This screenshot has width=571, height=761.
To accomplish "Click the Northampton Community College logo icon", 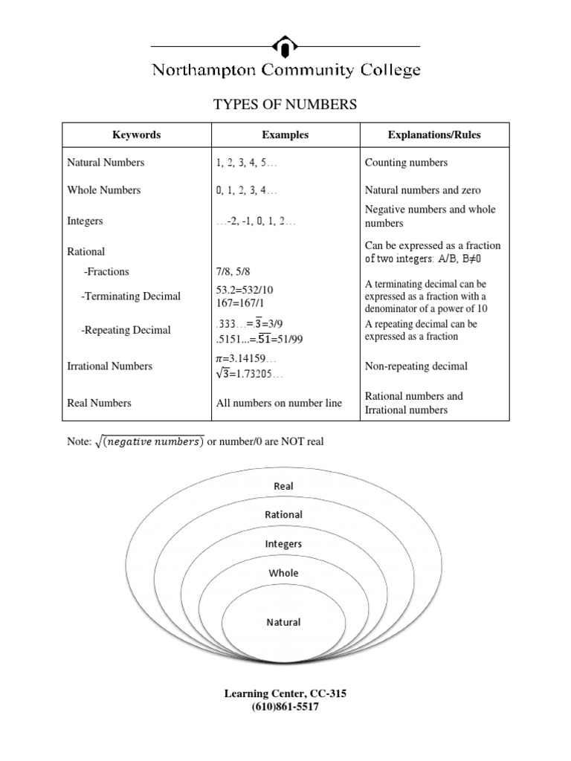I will pyautogui.click(x=285, y=46).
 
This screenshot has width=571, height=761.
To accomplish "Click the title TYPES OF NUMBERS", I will pyautogui.click(x=285, y=105).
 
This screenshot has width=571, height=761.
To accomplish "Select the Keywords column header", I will pyautogui.click(x=136, y=135).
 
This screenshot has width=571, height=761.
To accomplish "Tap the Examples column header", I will pyautogui.click(x=285, y=135).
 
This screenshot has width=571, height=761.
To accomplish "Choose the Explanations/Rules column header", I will pyautogui.click(x=434, y=135).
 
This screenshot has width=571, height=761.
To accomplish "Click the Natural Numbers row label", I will pyautogui.click(x=106, y=163).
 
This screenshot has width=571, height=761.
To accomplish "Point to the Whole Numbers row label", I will pyautogui.click(x=103, y=190).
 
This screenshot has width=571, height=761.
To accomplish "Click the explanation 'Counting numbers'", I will pyautogui.click(x=406, y=163).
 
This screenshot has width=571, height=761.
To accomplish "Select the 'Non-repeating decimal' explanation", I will pyautogui.click(x=416, y=366).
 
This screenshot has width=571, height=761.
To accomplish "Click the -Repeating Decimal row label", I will pyautogui.click(x=126, y=330).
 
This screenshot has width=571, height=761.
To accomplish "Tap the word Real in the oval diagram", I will pyautogui.click(x=283, y=486).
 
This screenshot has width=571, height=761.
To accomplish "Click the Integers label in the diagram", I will pyautogui.click(x=283, y=544).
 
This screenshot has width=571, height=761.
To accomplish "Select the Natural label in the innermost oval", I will pyautogui.click(x=283, y=622).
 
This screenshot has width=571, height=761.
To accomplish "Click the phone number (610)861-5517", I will pyautogui.click(x=285, y=707).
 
